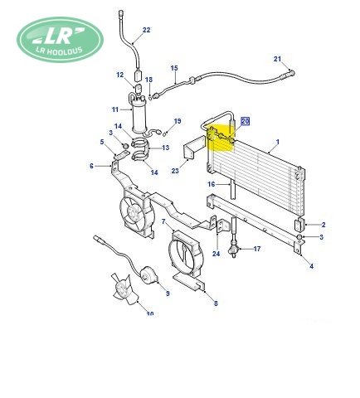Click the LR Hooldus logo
[60, 39]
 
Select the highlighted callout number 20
[246, 121]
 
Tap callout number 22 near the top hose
[146, 30]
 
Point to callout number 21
[277, 59]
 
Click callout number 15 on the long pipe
[174, 68]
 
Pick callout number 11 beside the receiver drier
[115, 109]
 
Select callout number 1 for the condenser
[278, 142]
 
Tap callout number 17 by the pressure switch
[257, 249]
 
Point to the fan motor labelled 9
[148, 274]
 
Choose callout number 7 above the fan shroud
[163, 221]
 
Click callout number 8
[216, 303]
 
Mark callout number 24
[216, 254]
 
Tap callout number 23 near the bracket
[175, 171]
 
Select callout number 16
[212, 184]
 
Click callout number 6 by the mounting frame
[91, 166]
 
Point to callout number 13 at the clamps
[165, 148]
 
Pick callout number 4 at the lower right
[312, 266]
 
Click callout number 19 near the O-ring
[178, 121]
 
